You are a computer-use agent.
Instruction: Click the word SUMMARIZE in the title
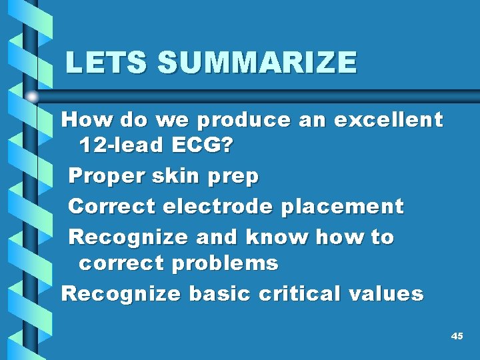tap(257, 63)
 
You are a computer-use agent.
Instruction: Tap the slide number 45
tap(457, 337)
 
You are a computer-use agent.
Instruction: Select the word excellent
tap(388, 120)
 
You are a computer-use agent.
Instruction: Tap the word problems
tap(225, 263)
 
